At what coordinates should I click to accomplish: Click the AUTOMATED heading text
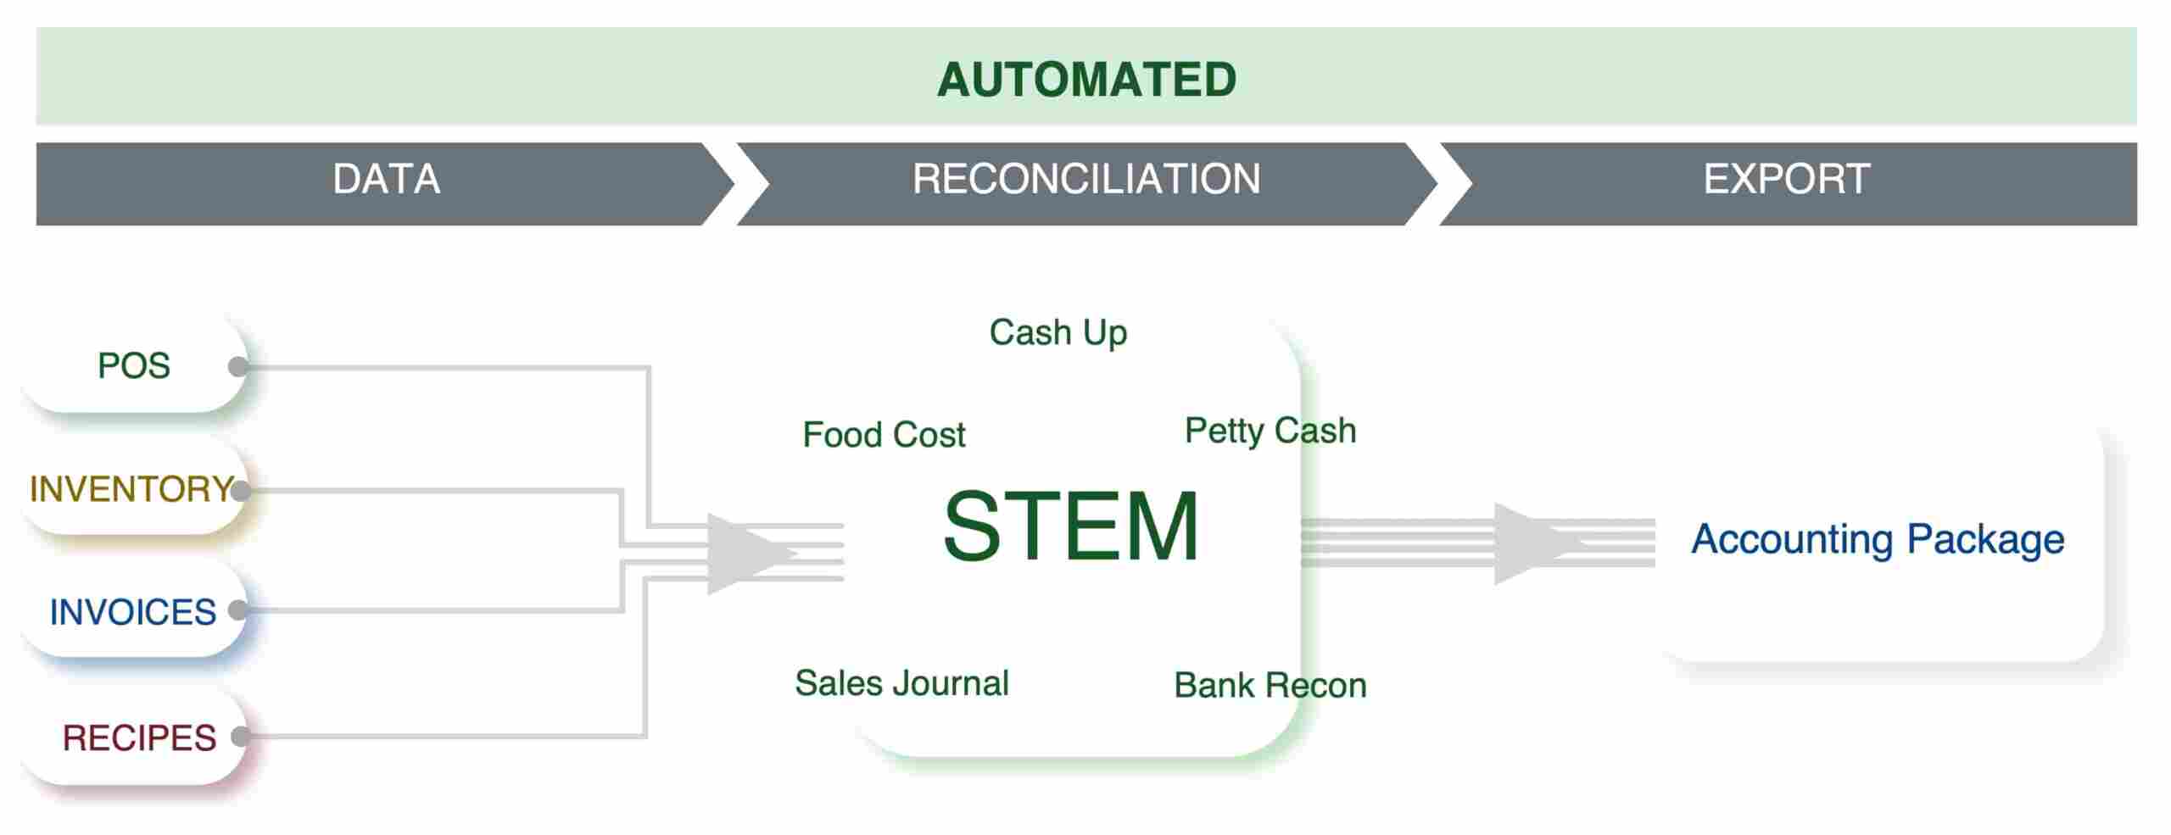(1086, 80)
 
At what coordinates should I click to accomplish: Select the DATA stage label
(386, 179)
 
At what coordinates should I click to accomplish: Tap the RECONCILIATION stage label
(1085, 179)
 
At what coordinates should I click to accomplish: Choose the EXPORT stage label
(1786, 179)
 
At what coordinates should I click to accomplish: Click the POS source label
(134, 366)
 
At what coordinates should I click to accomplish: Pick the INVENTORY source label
(130, 489)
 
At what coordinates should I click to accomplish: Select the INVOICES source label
(133, 612)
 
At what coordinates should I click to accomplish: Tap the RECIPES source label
(139, 738)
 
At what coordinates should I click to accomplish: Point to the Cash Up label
(1058, 332)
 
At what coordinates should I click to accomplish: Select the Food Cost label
(884, 435)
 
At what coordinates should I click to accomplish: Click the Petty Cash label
(1270, 431)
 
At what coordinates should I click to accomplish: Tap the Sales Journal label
(901, 683)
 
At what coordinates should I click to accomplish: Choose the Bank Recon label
(1270, 685)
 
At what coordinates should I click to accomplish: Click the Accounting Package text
(1878, 539)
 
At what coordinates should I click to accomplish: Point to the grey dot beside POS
(239, 366)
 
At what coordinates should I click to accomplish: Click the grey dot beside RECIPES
(241, 736)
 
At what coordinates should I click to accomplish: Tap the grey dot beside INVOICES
(239, 610)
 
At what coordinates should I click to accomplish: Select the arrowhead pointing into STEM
(746, 554)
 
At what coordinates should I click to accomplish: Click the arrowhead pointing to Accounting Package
(1531, 543)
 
